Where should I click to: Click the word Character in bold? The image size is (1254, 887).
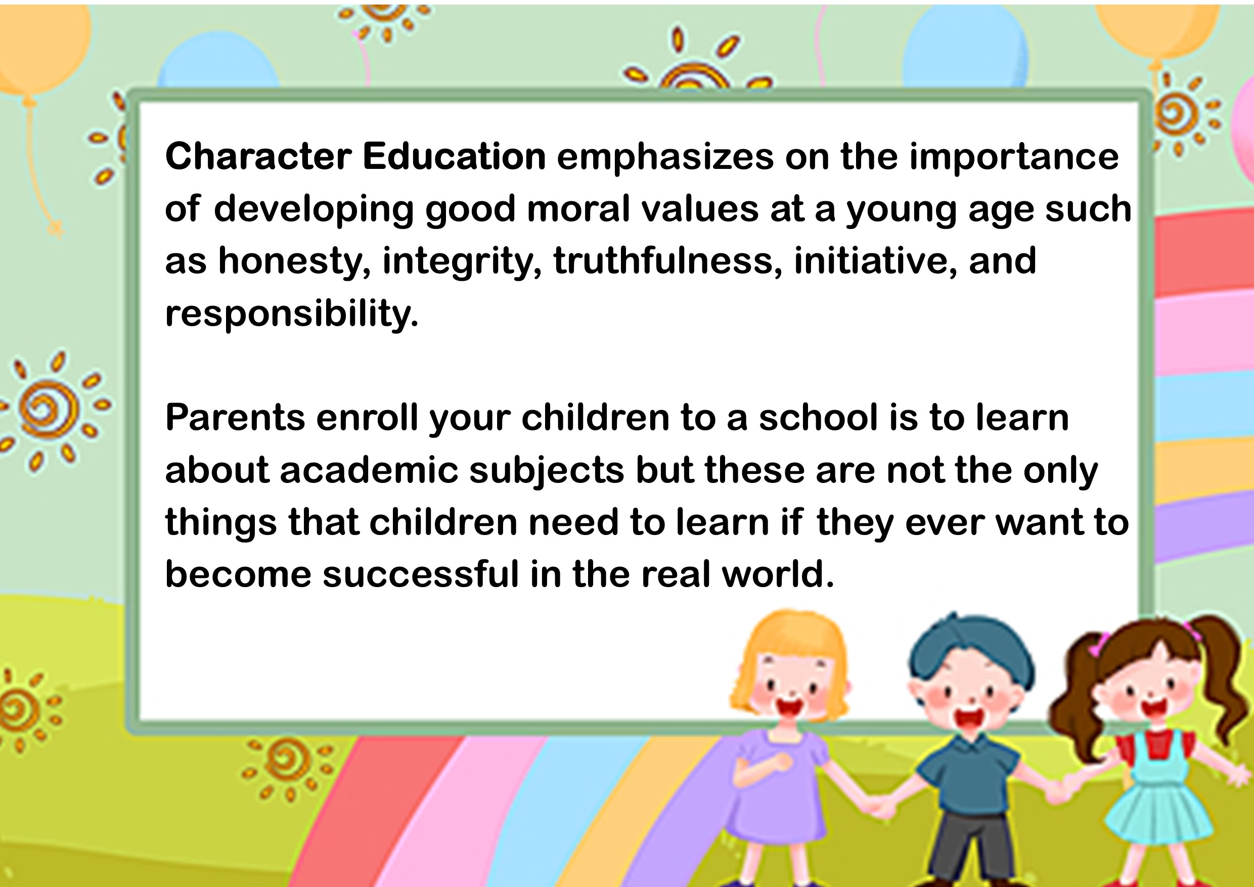258,157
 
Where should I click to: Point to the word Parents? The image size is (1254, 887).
235,418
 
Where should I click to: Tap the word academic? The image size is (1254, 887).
369,470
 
